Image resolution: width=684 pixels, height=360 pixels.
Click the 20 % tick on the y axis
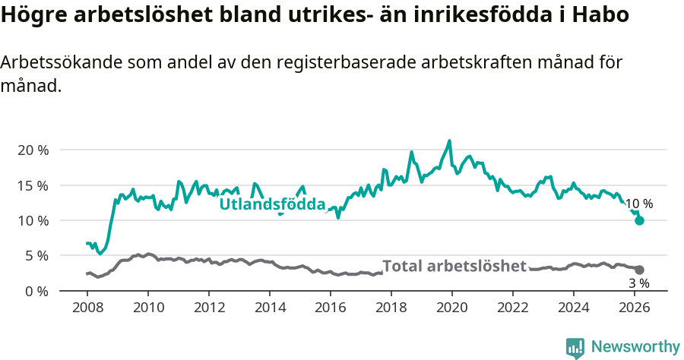(32, 150)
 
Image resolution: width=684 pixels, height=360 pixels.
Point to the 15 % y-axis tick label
(32, 185)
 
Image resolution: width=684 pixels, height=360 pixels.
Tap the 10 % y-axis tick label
(32, 220)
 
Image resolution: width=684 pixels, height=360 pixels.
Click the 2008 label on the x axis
(87, 308)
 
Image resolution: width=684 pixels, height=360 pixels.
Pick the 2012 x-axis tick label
(209, 308)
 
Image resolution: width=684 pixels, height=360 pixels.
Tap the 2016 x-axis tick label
(331, 308)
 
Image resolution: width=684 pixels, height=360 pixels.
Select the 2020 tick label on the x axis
(452, 308)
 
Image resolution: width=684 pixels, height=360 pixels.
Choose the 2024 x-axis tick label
(574, 308)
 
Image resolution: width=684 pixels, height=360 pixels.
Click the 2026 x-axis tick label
(635, 308)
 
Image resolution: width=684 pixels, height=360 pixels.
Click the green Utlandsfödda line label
(272, 204)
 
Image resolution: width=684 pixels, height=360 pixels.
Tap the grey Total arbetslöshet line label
(454, 266)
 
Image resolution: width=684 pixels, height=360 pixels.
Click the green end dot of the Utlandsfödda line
(640, 220)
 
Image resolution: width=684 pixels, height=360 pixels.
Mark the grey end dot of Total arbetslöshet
(640, 270)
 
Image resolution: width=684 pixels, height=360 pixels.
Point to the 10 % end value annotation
(638, 204)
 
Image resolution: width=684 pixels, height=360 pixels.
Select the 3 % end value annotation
(638, 283)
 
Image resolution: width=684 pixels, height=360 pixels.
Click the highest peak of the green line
(449, 141)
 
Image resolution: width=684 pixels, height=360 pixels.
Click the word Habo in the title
(604, 15)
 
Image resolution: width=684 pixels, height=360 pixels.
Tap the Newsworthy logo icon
(575, 348)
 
